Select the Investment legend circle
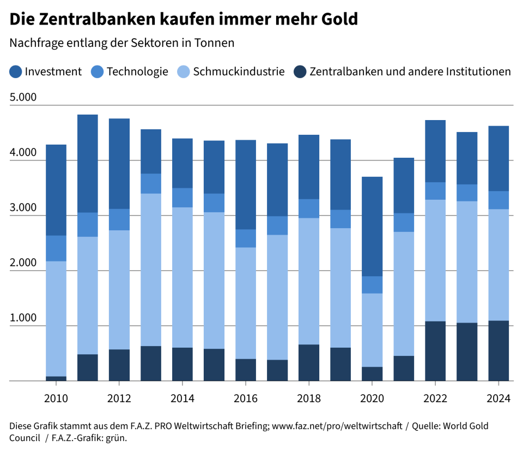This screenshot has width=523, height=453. pos(15,71)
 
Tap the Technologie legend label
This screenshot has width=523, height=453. pos(137,71)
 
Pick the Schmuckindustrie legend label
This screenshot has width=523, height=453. pos(239,71)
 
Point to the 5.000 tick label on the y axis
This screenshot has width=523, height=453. pos(23,98)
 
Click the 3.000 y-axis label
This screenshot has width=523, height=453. pos(23,208)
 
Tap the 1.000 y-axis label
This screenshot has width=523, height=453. pos(23,318)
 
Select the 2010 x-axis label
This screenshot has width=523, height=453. pos(56,398)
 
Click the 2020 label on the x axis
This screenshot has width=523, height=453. pos(373,398)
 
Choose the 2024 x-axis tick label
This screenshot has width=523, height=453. pos(498,398)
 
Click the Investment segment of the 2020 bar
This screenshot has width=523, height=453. pos(373,226)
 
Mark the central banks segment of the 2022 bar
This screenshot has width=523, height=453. pos(435,351)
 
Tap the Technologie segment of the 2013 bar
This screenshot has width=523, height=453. pos(151,183)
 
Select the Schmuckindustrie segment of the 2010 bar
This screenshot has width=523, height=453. pos(56,319)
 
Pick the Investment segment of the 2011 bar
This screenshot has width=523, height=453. pos(87,164)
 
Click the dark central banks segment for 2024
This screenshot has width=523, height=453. pos(498,350)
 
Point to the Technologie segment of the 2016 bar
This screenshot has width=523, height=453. pos(246,239)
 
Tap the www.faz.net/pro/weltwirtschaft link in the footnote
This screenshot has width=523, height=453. pos(336,426)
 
